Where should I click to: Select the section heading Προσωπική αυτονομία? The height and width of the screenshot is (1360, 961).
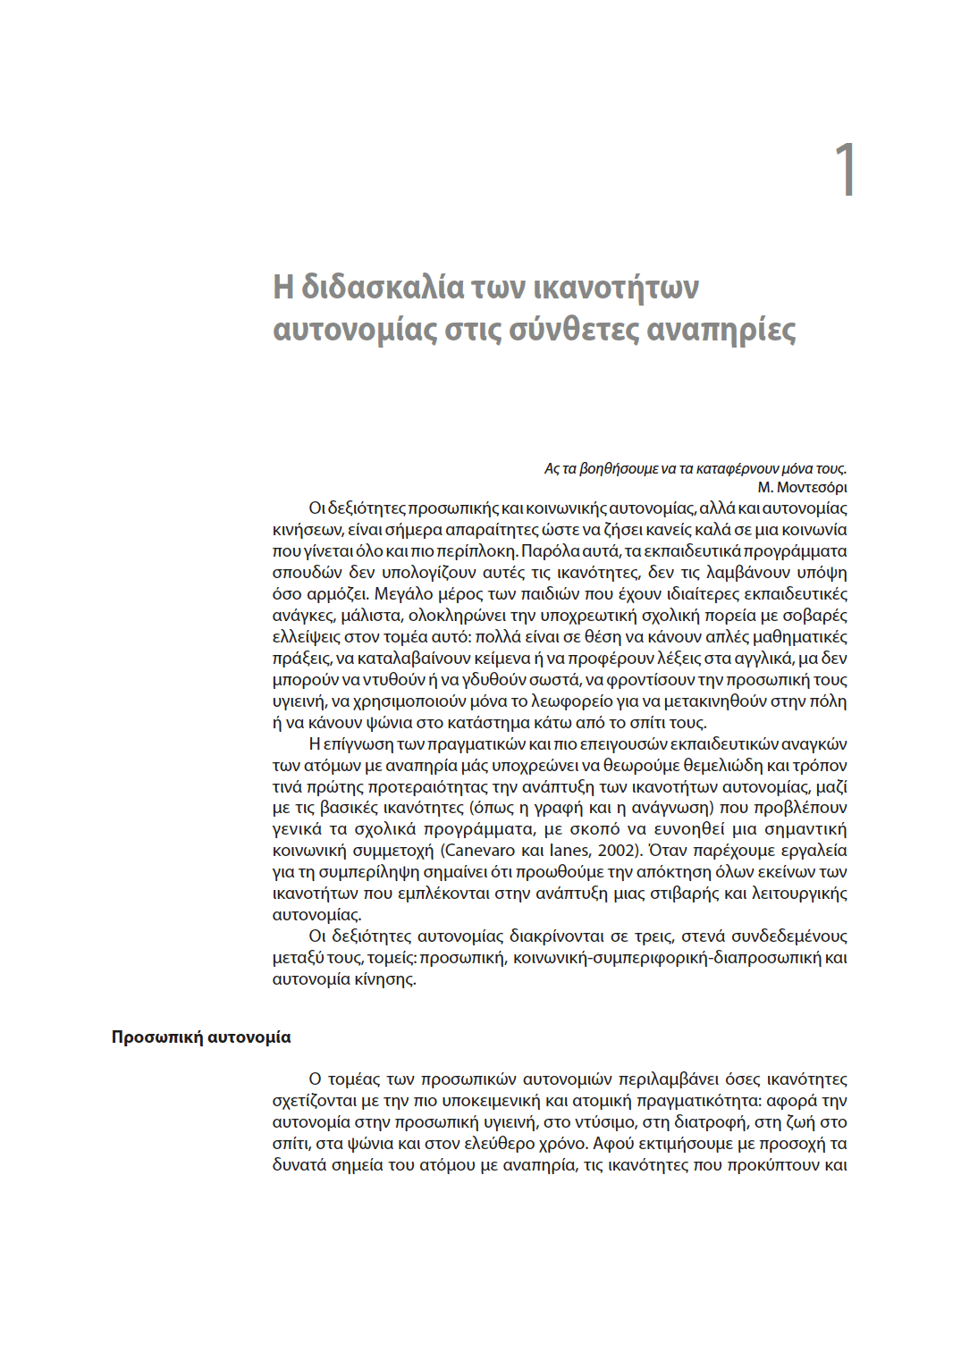click(201, 1037)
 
